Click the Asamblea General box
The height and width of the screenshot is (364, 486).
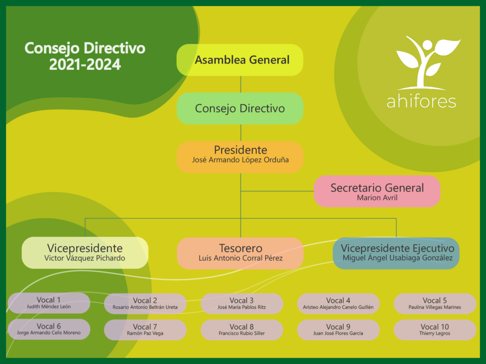[x=240, y=60]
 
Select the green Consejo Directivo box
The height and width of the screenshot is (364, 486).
[x=240, y=109]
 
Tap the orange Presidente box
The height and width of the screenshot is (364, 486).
[x=240, y=157]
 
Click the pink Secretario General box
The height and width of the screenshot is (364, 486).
[x=377, y=191]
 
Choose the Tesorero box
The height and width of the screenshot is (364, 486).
[x=240, y=253]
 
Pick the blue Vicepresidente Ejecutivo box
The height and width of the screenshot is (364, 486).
[x=396, y=253]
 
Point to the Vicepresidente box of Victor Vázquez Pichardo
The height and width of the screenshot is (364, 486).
[x=85, y=253]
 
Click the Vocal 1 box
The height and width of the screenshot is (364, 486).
[x=49, y=303]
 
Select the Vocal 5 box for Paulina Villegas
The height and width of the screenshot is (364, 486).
[x=435, y=304]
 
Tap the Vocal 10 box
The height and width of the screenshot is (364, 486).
[x=435, y=330]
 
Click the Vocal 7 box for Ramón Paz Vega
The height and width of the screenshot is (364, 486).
[x=145, y=330]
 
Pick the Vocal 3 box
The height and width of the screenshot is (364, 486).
[x=242, y=304]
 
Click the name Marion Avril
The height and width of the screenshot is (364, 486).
[x=377, y=198]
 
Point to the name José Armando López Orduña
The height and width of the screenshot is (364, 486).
[x=240, y=160]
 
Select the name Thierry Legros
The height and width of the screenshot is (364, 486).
[x=435, y=333]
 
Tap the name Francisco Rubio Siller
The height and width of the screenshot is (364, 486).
[x=242, y=333]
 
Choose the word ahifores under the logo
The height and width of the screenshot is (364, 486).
[x=421, y=101]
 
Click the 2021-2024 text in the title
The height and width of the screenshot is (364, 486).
[x=85, y=64]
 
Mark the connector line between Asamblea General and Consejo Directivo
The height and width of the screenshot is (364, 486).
[x=241, y=84]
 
